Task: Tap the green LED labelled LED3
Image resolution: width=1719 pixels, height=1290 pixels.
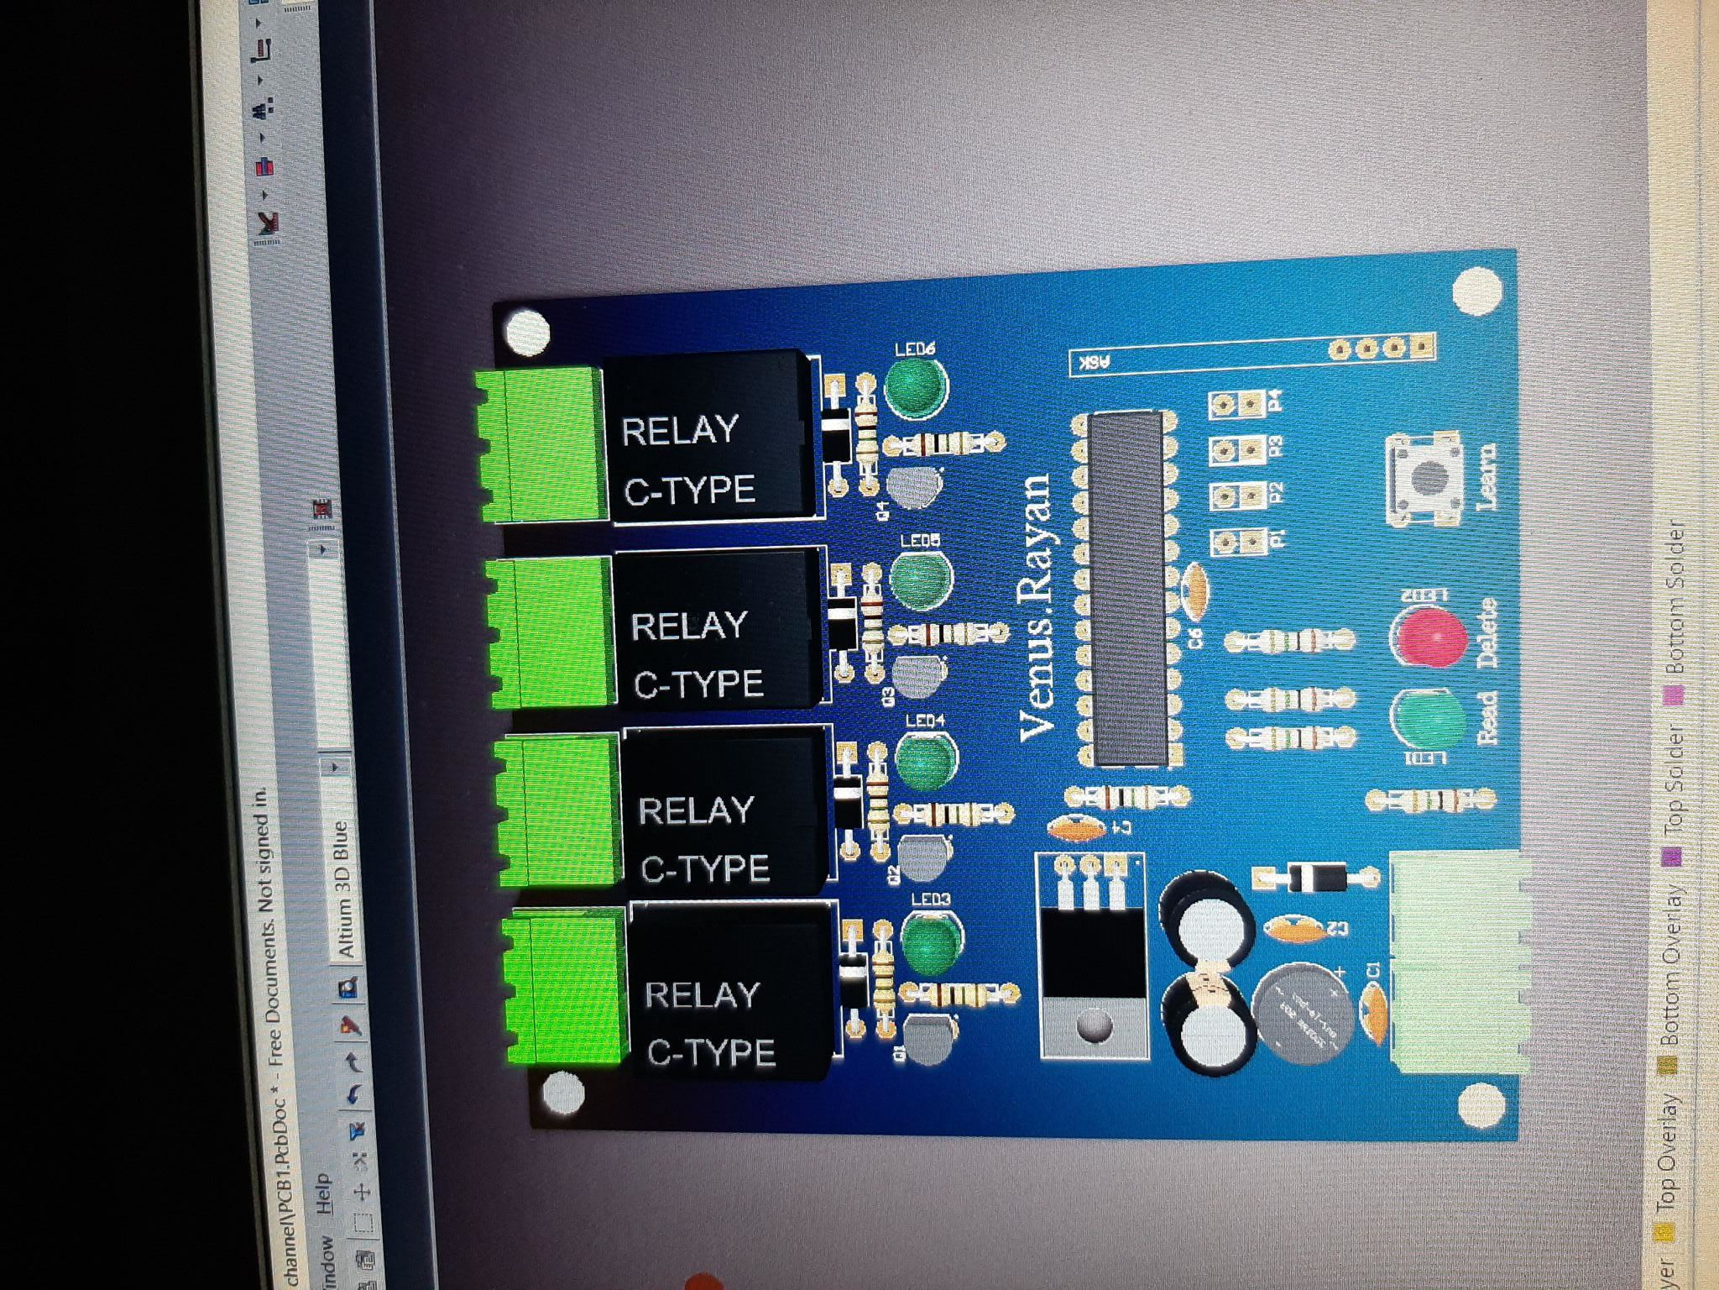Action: pyautogui.click(x=932, y=940)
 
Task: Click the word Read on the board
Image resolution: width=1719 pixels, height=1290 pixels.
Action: pyautogui.click(x=1486, y=718)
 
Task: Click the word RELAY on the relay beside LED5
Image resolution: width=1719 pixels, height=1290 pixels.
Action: pyautogui.click(x=688, y=626)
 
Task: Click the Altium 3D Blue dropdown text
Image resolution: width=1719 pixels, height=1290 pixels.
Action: pyautogui.click(x=342, y=890)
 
